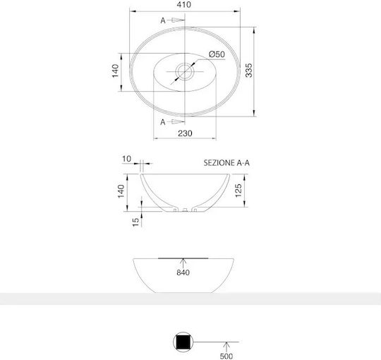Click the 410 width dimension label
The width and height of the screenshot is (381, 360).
pyautogui.click(x=184, y=4)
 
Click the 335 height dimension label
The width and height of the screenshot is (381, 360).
pyautogui.click(x=249, y=71)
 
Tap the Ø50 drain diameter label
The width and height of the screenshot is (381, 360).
pyautogui.click(x=217, y=54)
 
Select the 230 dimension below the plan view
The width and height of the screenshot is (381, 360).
pyautogui.click(x=185, y=133)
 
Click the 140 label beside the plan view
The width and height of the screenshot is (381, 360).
pyautogui.click(x=115, y=71)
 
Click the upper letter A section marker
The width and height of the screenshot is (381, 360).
pyautogui.click(x=163, y=20)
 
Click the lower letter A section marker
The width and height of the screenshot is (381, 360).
pyautogui.click(x=163, y=122)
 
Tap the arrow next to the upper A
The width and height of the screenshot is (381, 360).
pyautogui.click(x=177, y=20)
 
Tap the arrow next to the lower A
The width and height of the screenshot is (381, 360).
pyautogui.click(x=177, y=121)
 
